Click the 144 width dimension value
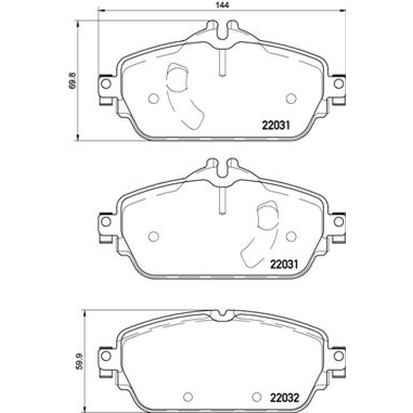[x=223, y=5]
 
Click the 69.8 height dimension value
[x=73, y=81]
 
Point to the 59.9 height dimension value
[x=80, y=361]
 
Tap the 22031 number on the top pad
[x=276, y=125]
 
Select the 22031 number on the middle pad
[x=284, y=264]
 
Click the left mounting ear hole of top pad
[x=106, y=84]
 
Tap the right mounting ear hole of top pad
[x=339, y=84]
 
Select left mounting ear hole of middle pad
[x=106, y=221]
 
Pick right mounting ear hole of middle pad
[x=339, y=221]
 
